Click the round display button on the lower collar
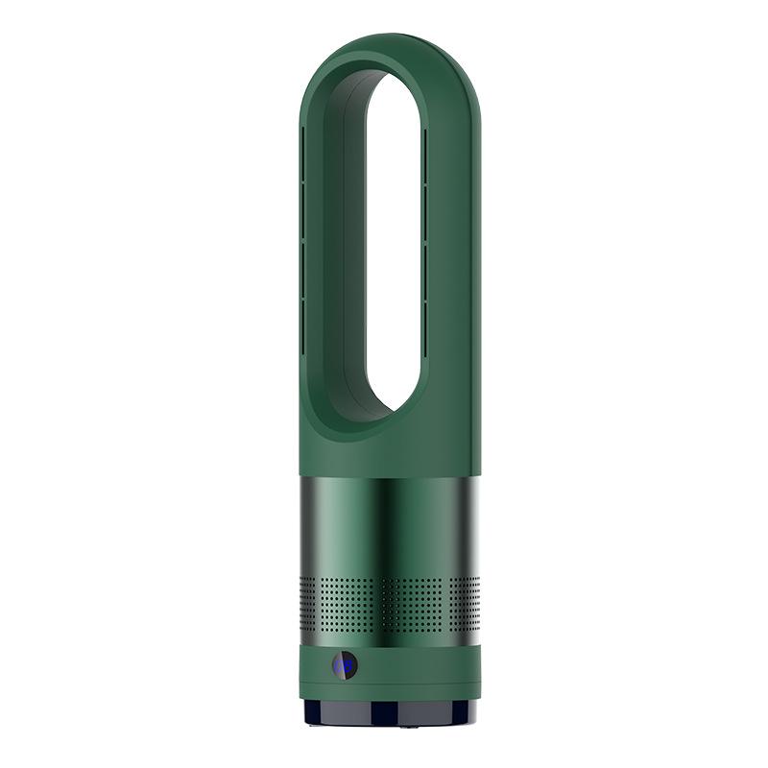coord(344,665)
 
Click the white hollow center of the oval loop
coord(394,240)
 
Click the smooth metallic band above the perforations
coord(389,523)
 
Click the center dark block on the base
coord(389,711)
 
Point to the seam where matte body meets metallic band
coord(389,474)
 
